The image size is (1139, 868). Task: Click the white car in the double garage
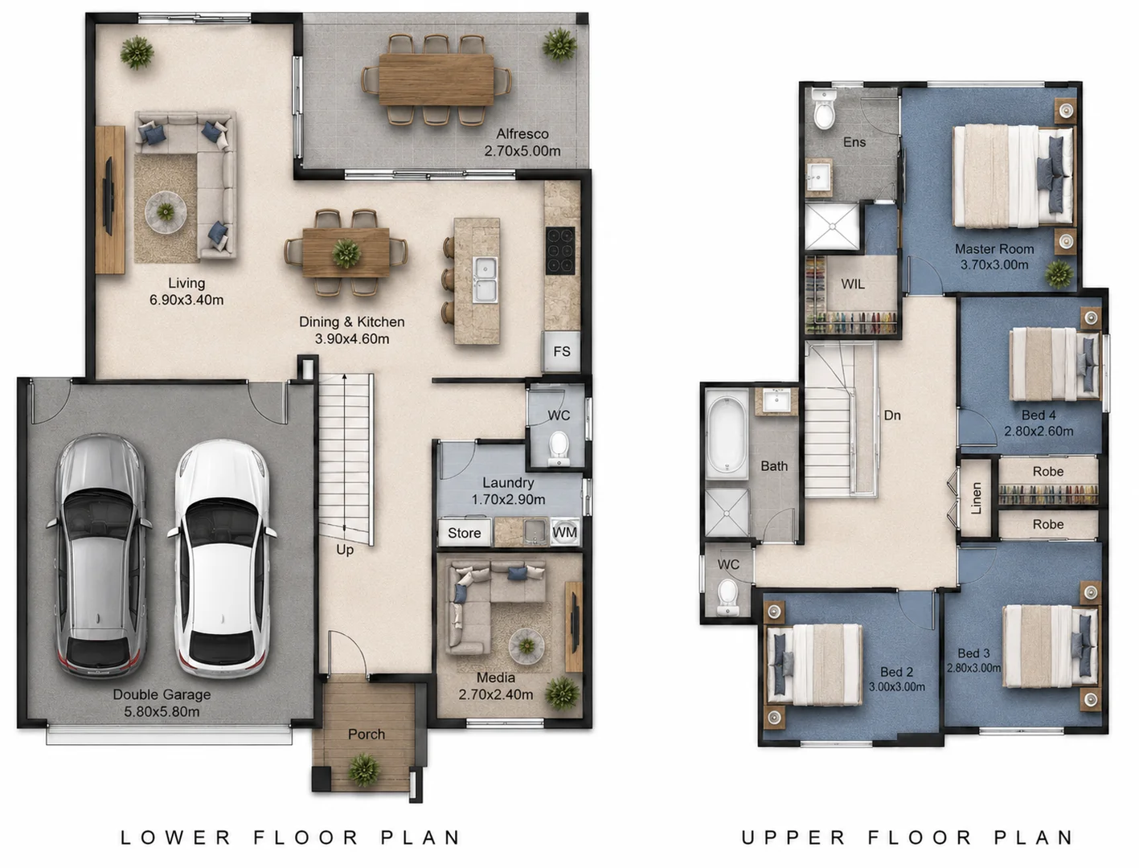(222, 559)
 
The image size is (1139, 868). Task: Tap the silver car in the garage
(99, 557)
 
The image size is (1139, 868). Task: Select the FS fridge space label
(561, 351)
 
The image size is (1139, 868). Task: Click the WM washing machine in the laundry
(564, 532)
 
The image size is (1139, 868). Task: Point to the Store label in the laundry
(464, 533)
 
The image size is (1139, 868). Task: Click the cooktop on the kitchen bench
(560, 251)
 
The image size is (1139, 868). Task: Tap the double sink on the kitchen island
(485, 280)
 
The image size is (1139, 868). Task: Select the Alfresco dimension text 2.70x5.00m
(522, 151)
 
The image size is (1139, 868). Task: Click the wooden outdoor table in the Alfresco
(436, 80)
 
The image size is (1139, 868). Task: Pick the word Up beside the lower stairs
(345, 550)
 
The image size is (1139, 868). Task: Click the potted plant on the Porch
(364, 769)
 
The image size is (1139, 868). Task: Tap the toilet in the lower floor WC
(559, 448)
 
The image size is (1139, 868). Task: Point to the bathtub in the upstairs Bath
(727, 437)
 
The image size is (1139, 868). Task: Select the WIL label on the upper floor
(853, 285)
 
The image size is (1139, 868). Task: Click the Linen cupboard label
(976, 498)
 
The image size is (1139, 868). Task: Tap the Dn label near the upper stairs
(892, 415)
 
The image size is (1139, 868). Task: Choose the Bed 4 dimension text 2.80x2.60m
(1039, 431)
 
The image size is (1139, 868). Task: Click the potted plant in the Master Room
(1059, 274)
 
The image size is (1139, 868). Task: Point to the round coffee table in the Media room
(526, 646)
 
